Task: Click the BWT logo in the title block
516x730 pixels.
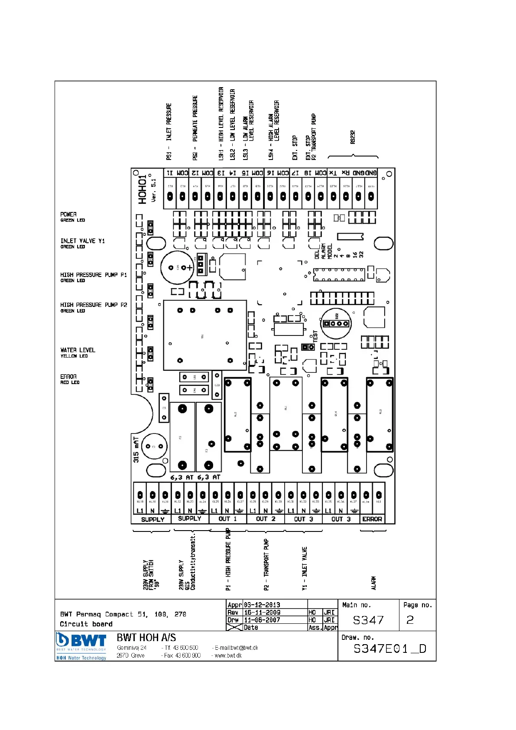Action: point(81,646)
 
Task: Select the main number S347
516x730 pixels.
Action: point(368,620)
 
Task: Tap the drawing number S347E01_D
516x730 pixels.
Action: point(390,649)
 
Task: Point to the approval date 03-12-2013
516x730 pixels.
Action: point(262,605)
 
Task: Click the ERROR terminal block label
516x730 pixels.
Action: point(372,519)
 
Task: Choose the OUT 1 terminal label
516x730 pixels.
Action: point(227,519)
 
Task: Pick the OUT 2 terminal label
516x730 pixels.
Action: point(266,519)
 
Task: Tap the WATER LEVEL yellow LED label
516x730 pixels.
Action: point(78,352)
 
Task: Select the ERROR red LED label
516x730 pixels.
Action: point(70,379)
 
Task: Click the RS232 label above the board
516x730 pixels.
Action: point(353,137)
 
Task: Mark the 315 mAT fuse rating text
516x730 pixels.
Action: point(136,450)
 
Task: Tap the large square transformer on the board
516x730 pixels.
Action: point(204,336)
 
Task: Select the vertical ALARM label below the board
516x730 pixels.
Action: point(373,583)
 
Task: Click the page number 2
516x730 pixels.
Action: point(410,620)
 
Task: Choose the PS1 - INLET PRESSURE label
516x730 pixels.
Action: point(169,131)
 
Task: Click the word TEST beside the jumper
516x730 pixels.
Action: point(315,336)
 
